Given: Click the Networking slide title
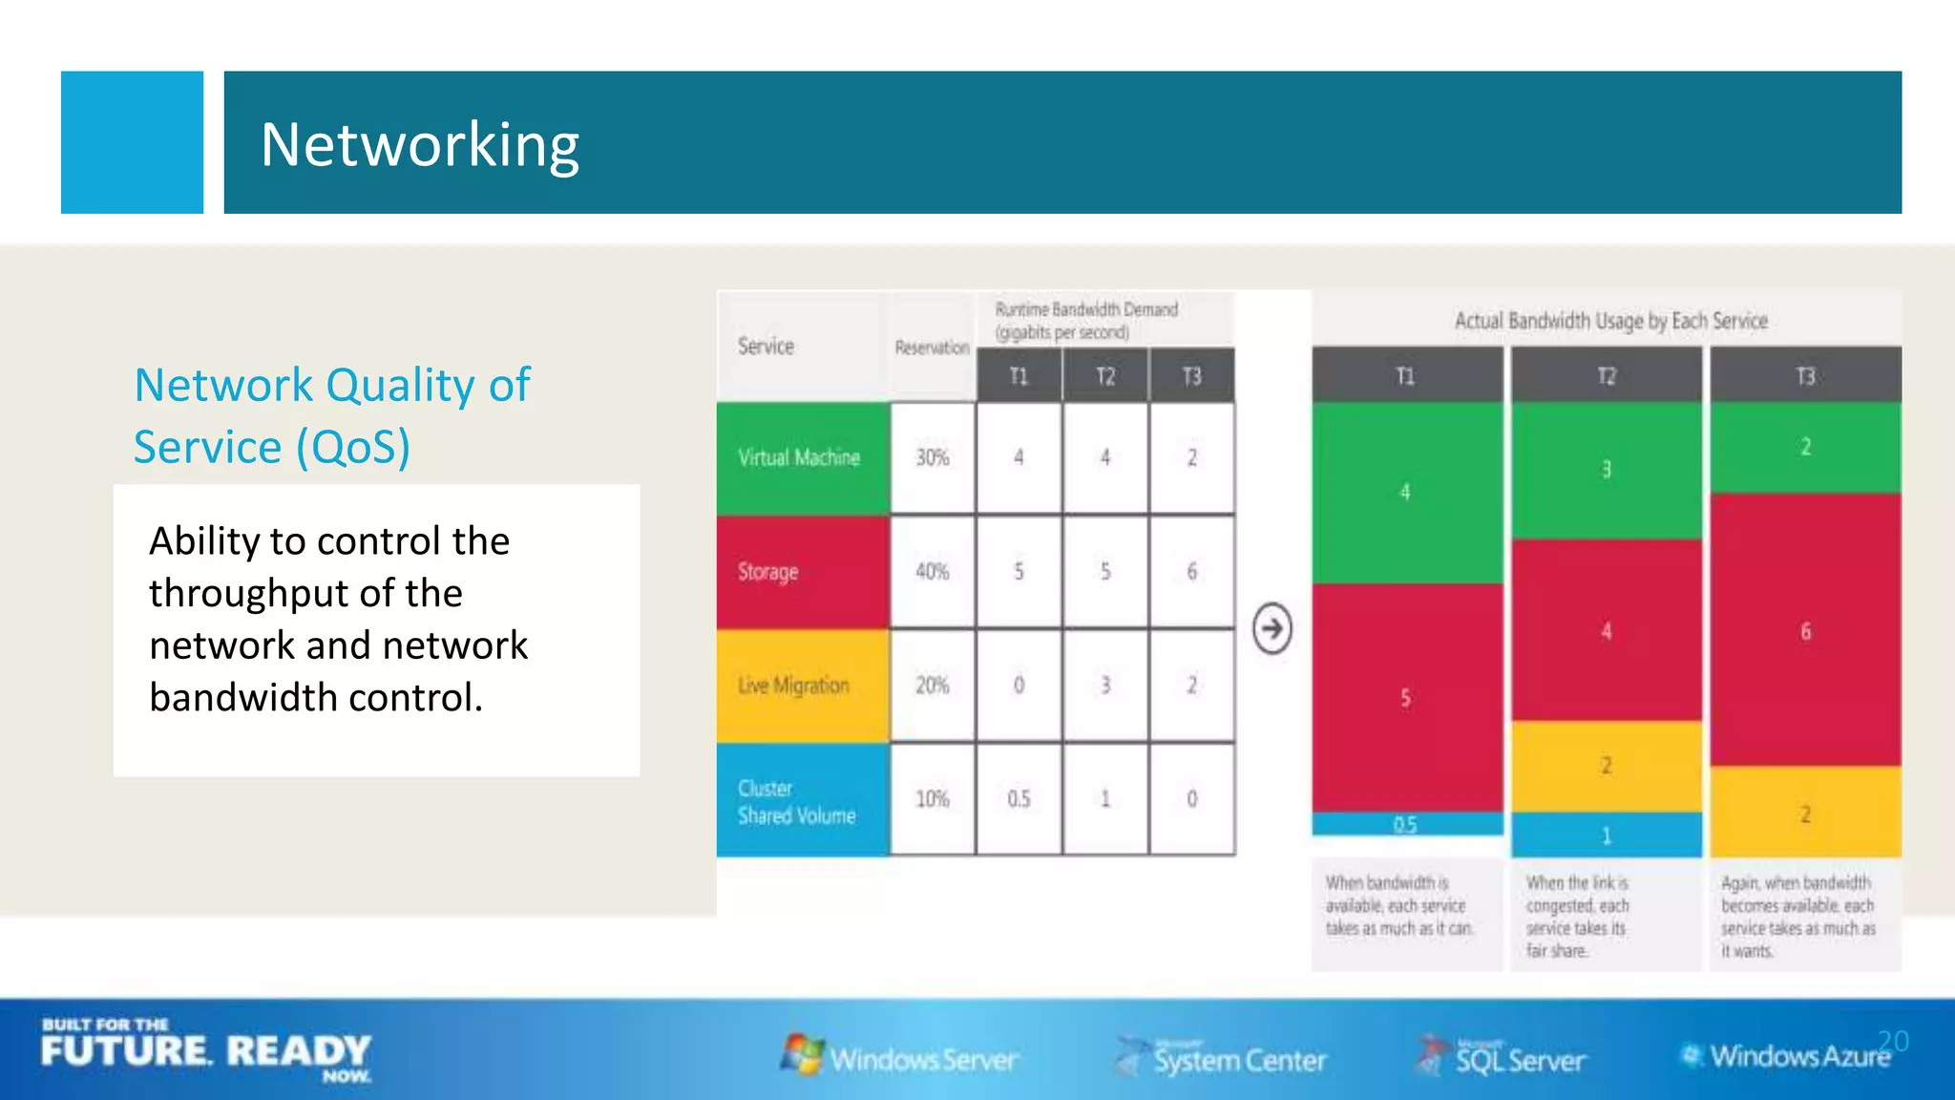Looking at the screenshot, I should click(x=420, y=145).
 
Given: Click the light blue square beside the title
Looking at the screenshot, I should click(x=132, y=142).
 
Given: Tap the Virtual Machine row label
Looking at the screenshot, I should click(x=800, y=458).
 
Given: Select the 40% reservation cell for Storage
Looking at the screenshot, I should click(x=933, y=572).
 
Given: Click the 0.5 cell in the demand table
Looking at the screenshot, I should click(x=1019, y=799).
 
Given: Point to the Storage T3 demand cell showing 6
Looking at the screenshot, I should click(x=1191, y=572).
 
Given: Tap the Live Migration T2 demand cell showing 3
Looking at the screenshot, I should click(x=1105, y=686).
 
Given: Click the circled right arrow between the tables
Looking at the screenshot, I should click(x=1272, y=628).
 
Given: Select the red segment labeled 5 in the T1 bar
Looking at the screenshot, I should click(x=1406, y=698).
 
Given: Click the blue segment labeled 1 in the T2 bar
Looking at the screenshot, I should click(x=1607, y=836).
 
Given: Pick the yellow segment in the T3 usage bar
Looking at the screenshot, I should click(x=1805, y=814).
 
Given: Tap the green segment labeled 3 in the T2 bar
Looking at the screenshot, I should click(x=1607, y=470).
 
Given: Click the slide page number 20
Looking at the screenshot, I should click(x=1893, y=1040).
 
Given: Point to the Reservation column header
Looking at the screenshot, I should click(x=932, y=348).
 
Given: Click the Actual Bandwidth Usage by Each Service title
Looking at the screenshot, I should click(x=1610, y=321).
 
